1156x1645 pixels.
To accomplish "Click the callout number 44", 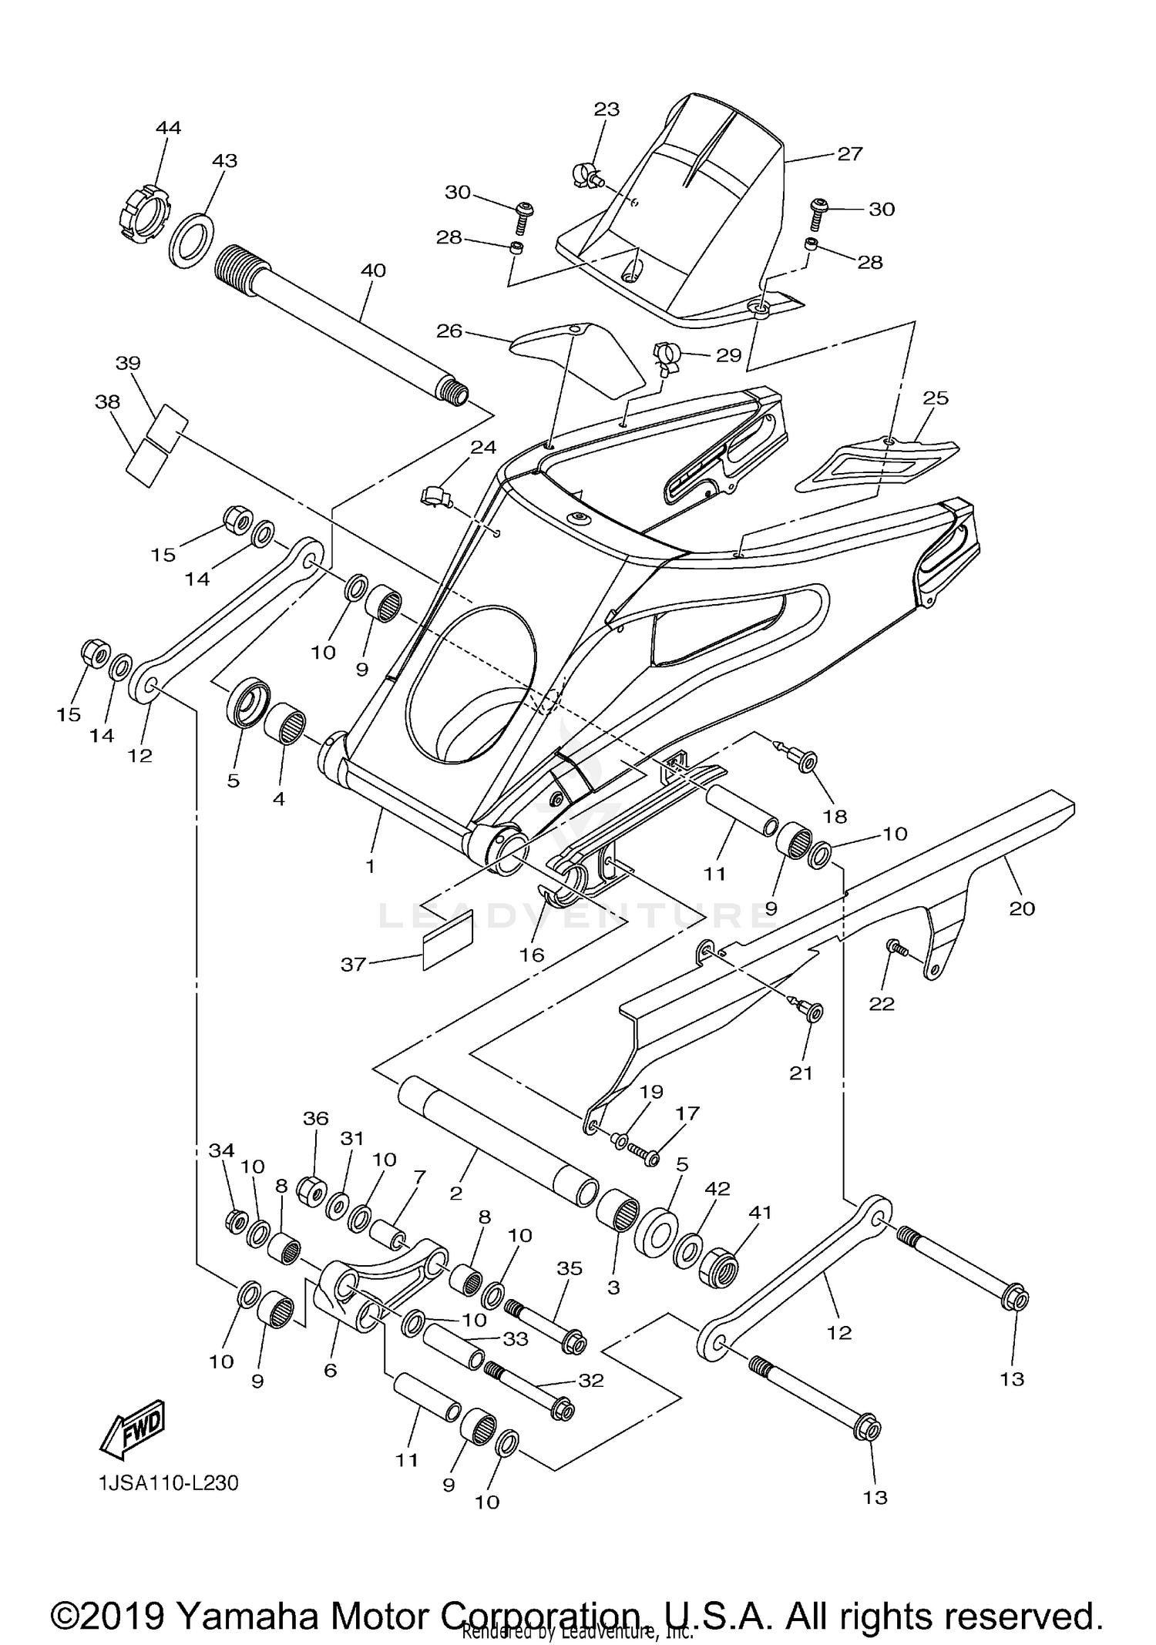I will [x=168, y=128].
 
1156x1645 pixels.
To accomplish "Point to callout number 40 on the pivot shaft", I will [x=373, y=271].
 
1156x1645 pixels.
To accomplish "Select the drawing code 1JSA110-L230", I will [x=168, y=1483].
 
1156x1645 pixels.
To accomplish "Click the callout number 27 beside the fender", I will [x=850, y=154].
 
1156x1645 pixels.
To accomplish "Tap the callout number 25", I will [x=936, y=398].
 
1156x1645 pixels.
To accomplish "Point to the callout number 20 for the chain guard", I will [x=1022, y=909].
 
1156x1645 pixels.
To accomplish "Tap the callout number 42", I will [x=717, y=1189].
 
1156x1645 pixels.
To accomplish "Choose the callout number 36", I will [x=315, y=1118].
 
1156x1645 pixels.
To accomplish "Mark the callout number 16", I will [x=532, y=955].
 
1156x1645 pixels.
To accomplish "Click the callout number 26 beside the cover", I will [x=449, y=331].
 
